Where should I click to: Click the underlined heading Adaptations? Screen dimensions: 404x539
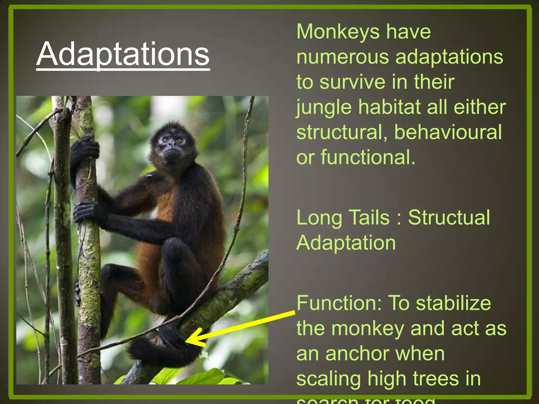pos(123,54)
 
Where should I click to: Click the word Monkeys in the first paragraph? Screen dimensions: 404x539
pos(338,32)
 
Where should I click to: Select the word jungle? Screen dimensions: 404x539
pos(324,108)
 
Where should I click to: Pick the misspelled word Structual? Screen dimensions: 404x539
pos(449,218)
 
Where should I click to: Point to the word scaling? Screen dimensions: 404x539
pos(329,379)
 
